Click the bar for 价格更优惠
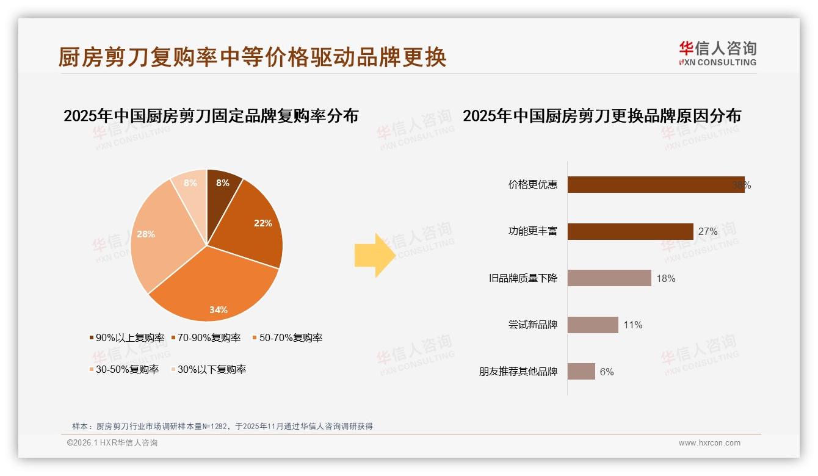click(656, 185)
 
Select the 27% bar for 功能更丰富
click(630, 231)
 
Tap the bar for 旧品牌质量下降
click(609, 278)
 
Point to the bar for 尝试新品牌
click(593, 325)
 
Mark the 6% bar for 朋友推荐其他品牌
click(581, 371)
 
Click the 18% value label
click(665, 278)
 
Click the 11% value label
click(633, 325)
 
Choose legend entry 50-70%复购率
click(287, 337)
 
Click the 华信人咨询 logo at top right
click(717, 53)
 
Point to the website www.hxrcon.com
click(709, 443)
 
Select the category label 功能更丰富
click(533, 231)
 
